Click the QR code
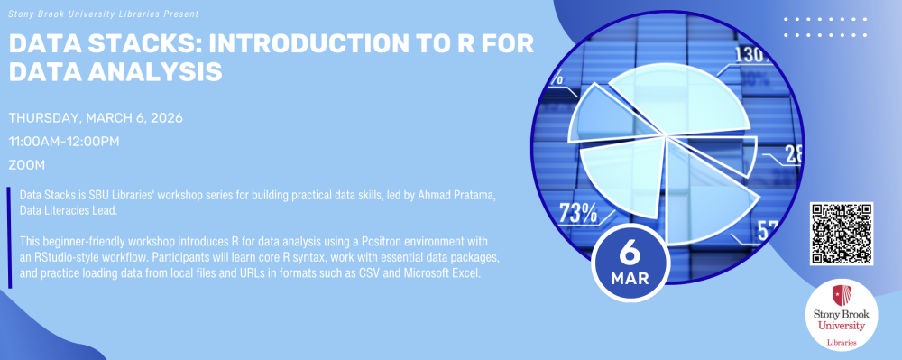pyautogui.click(x=842, y=234)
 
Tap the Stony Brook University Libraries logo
pyautogui.click(x=842, y=318)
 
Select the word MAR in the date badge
pyautogui.click(x=630, y=279)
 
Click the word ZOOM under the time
pyautogui.click(x=26, y=165)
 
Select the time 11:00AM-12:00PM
pyautogui.click(x=64, y=142)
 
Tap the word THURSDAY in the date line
pyautogui.click(x=43, y=118)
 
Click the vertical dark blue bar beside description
pyautogui.click(x=9, y=236)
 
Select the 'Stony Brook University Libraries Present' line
pyautogui.click(x=104, y=13)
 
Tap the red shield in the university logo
pyautogui.click(x=841, y=296)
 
